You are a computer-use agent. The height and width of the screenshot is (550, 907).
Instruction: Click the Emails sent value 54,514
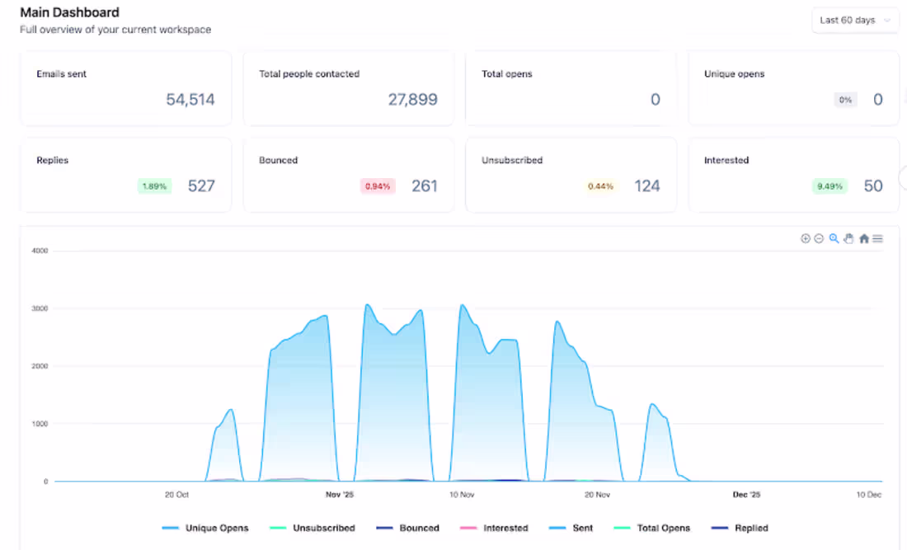[190, 100]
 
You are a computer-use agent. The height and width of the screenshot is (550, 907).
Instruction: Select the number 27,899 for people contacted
[412, 100]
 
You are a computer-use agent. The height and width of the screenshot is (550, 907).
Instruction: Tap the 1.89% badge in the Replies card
[154, 186]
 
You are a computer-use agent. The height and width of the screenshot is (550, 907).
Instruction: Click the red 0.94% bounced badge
[377, 186]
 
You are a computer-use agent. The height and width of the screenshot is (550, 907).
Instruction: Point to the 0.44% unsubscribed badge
[600, 186]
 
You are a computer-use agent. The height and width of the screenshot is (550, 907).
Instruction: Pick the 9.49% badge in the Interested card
[829, 186]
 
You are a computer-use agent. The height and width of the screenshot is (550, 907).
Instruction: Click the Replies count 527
[201, 186]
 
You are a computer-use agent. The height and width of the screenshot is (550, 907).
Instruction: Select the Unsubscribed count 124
[646, 186]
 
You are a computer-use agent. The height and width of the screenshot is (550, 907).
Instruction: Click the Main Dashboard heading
[69, 12]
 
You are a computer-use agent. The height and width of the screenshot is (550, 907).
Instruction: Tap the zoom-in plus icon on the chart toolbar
[806, 238]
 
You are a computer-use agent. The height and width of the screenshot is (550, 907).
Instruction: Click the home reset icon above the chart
[863, 238]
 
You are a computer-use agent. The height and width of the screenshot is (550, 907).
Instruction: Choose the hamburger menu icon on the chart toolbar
[877, 238]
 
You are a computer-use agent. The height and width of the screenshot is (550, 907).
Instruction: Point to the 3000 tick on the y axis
[40, 308]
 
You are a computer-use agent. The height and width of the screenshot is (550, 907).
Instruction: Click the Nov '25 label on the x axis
[340, 495]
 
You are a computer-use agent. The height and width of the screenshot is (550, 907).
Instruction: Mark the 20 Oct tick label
[176, 495]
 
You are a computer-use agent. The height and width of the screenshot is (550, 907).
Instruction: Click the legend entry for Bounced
[408, 528]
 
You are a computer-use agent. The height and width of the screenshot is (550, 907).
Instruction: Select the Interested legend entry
[494, 528]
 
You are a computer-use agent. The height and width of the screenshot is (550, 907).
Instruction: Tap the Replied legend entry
[740, 528]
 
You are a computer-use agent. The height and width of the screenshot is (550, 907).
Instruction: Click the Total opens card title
[507, 74]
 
